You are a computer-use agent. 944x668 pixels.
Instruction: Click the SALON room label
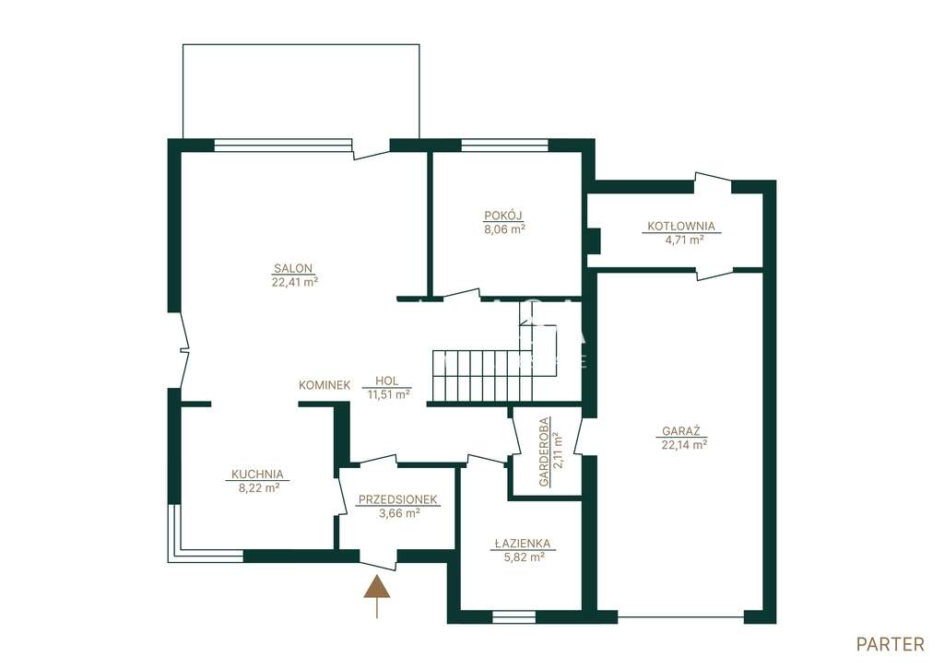pos(293,268)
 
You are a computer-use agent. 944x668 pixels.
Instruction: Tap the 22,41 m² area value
pos(294,282)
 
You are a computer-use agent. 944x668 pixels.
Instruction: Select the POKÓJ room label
pos(502,216)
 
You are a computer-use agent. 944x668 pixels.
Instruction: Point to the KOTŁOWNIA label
pos(681,227)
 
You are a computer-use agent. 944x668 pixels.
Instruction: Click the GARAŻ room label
pos(681,431)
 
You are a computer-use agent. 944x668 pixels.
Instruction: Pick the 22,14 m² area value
pos(683,445)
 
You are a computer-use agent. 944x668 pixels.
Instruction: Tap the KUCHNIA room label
pos(258,475)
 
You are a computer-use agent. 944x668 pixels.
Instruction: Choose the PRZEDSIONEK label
pos(397,499)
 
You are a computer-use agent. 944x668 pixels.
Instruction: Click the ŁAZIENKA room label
pos(522,544)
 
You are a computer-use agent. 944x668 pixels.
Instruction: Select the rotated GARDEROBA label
pos(544,452)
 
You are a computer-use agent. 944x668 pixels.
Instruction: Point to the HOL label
pos(386,381)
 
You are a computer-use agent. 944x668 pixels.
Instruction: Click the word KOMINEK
pos(324,385)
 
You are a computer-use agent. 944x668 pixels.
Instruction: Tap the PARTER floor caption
pos(890,645)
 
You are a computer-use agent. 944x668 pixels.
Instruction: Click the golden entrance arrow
pos(377,596)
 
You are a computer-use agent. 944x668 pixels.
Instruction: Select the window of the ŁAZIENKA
pos(513,616)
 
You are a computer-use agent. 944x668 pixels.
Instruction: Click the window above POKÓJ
pos(504,145)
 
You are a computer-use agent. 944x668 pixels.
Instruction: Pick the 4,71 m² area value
pos(682,240)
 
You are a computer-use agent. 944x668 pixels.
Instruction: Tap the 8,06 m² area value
pos(504,229)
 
